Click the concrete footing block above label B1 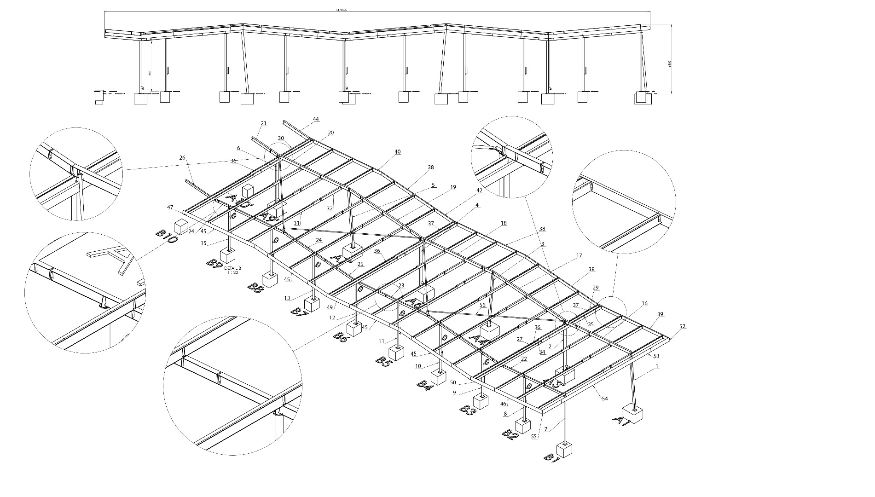[564, 449]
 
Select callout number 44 [316, 119]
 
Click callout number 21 [263, 123]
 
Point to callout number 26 [182, 158]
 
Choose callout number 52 [682, 326]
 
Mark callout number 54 [605, 399]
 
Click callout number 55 [534, 436]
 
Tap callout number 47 [170, 208]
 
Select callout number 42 [480, 190]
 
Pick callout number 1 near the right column [657, 366]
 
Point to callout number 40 [398, 151]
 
